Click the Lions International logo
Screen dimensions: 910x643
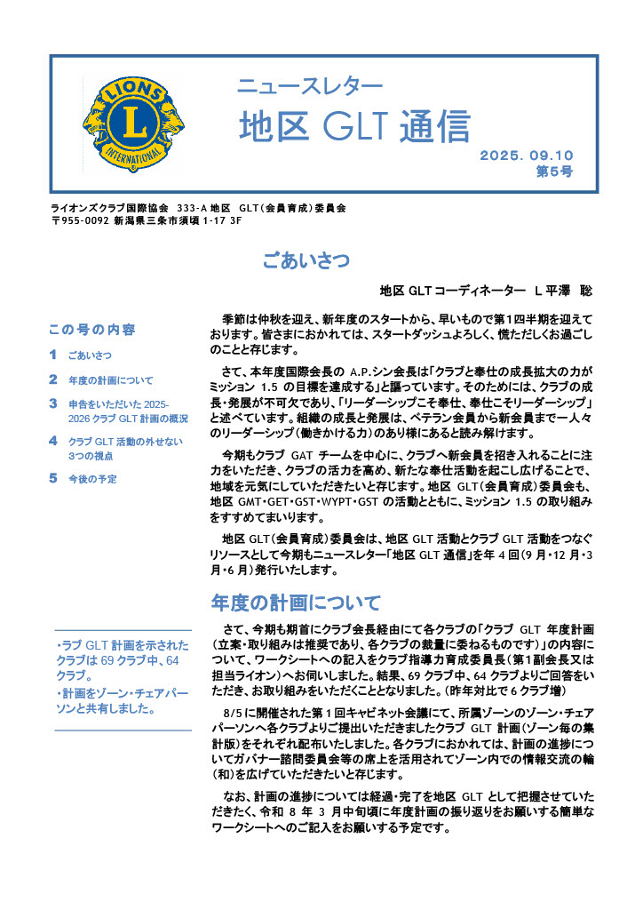pyautogui.click(x=133, y=123)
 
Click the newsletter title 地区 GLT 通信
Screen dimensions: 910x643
pyautogui.click(x=353, y=126)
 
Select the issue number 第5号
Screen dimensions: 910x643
pyautogui.click(x=554, y=171)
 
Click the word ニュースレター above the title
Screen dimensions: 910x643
pyautogui.click(x=309, y=86)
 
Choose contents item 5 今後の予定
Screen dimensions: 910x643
pyautogui.click(x=92, y=479)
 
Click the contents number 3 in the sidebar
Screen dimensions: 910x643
pyautogui.click(x=53, y=403)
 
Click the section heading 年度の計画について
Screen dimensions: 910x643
pyautogui.click(x=297, y=603)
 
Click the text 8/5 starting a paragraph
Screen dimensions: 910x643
pyautogui.click(x=235, y=714)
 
